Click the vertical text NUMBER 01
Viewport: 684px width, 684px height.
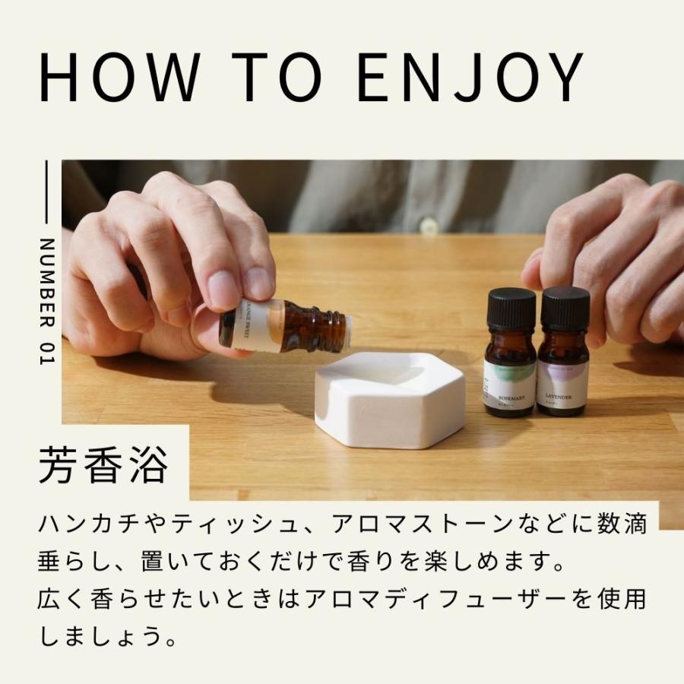click(46, 302)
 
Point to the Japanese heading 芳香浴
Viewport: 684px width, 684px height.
click(103, 465)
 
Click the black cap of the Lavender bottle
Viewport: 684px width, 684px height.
click(565, 307)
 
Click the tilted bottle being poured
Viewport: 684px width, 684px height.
click(283, 325)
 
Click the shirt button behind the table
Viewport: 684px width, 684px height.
click(430, 225)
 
